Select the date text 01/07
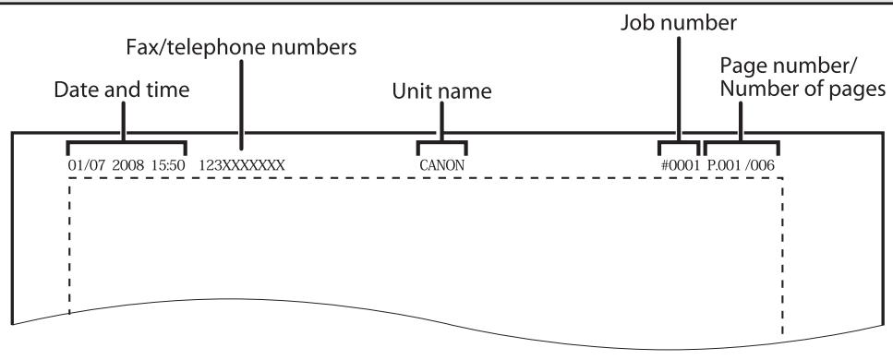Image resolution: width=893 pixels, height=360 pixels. [x=84, y=165]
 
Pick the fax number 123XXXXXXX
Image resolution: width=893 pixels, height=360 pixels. [x=242, y=165]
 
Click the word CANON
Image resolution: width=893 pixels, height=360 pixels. [x=440, y=165]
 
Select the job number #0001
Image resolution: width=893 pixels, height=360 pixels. [x=678, y=165]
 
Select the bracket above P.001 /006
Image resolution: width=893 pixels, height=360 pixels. [x=742, y=144]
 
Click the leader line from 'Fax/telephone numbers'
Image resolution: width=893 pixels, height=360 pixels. [x=241, y=111]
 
